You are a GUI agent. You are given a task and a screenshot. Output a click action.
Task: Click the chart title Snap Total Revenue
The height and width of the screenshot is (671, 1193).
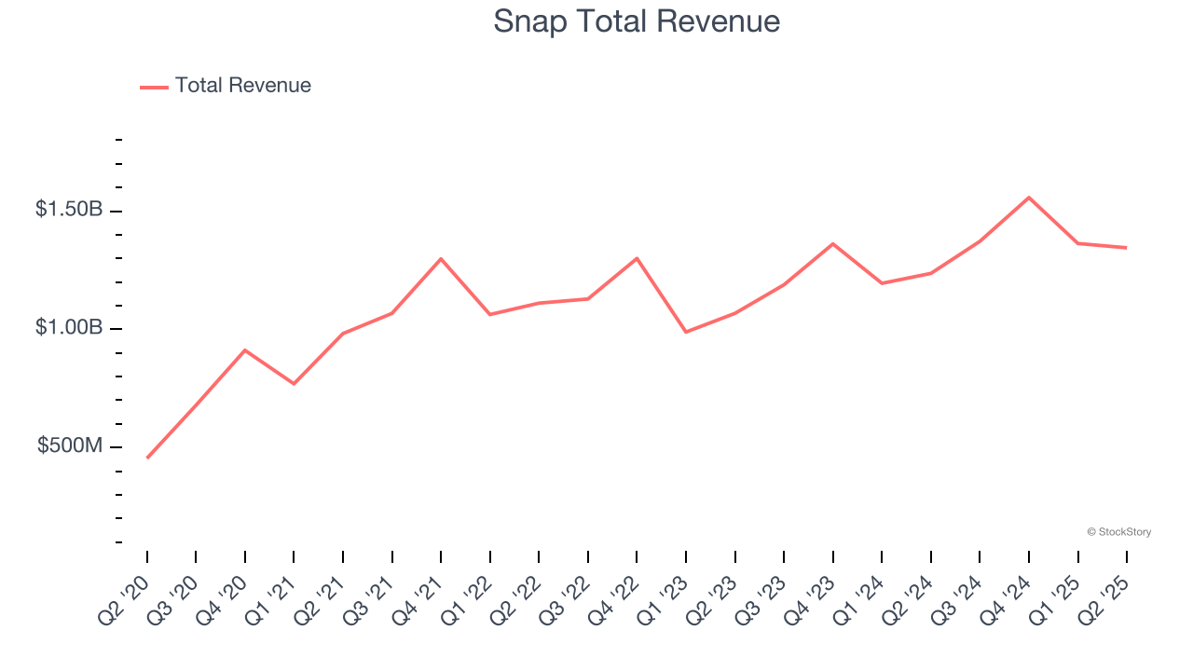point(637,21)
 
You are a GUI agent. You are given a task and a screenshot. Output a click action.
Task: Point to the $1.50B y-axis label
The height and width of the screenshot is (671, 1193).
point(69,210)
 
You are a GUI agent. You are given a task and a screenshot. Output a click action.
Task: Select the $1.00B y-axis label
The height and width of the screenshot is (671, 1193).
point(69,328)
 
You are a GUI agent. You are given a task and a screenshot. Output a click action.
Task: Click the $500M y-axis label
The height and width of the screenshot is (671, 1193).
point(70,446)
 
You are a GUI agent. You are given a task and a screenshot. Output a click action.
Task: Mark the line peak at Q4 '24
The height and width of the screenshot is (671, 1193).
point(1029,198)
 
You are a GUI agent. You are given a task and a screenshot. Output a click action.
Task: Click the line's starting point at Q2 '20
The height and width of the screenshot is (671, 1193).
point(147,458)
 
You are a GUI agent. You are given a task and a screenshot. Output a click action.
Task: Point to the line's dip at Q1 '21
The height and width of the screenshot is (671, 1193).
point(294,384)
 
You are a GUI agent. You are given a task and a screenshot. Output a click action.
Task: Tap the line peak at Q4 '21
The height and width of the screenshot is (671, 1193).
point(441,258)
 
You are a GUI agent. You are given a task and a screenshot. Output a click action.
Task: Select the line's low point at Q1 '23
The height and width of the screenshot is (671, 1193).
point(686,332)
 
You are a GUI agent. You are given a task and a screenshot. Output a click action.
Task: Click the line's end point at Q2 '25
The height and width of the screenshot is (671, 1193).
point(1127,248)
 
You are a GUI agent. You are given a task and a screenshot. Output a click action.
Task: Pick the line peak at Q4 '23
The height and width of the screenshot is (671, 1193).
point(832,243)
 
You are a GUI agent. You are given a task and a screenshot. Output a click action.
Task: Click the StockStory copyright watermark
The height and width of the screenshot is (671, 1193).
point(1118,532)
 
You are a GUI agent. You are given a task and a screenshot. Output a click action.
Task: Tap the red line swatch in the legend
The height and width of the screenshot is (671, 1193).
point(154,87)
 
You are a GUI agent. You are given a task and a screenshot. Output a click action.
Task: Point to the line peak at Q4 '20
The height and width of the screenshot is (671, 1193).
point(245,349)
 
